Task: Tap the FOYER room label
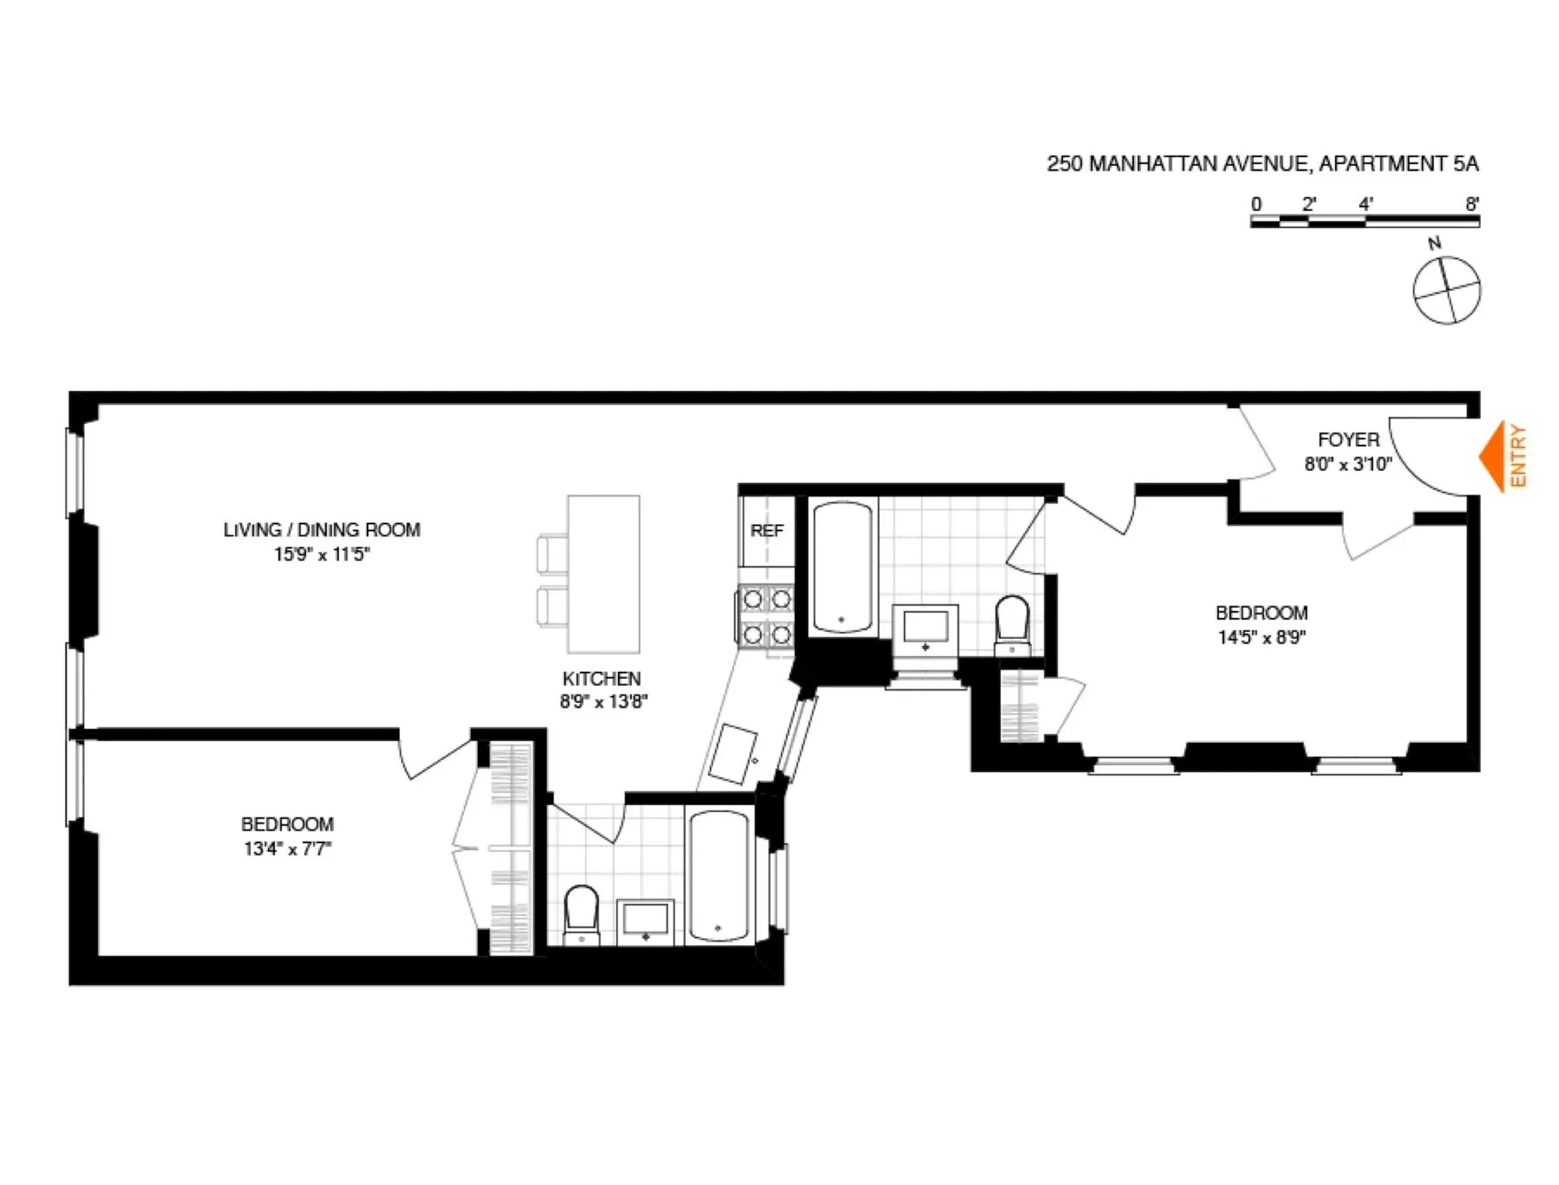(1349, 440)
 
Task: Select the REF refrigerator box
(766, 531)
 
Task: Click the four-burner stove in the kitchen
(766, 617)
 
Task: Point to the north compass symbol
(1447, 290)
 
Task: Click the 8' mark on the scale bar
(1472, 205)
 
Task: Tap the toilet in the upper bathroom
(1013, 624)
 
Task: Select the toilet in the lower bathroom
(581, 914)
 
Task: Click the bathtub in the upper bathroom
(842, 567)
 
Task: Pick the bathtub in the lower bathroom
(719, 876)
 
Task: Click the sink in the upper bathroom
(925, 628)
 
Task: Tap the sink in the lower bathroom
(645, 921)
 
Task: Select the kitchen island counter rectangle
(603, 574)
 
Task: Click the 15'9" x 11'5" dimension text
(321, 554)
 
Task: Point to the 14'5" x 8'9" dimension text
(1261, 637)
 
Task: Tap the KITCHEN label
(602, 678)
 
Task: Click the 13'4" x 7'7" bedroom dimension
(287, 848)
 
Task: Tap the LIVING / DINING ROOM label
(321, 530)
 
